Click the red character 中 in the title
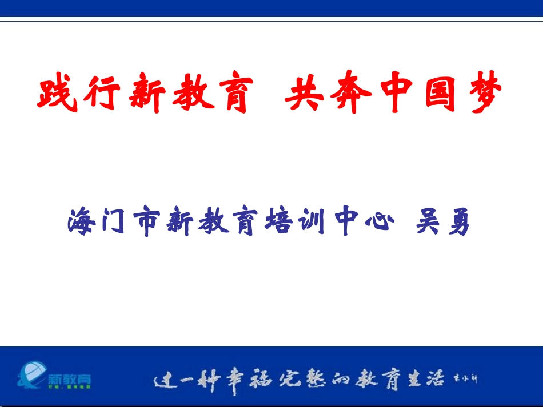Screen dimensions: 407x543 pos(392,94)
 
